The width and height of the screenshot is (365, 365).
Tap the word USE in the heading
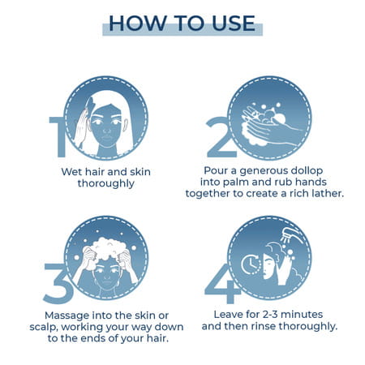[x=234, y=23]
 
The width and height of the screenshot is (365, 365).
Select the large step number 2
[x=221, y=137]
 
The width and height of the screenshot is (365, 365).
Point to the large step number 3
[x=58, y=283]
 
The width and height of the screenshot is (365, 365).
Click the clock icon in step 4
[x=251, y=264]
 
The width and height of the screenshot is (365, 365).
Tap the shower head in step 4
[x=290, y=234]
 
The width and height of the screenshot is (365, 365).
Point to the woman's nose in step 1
[x=107, y=131]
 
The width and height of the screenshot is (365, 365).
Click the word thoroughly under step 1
[x=106, y=183]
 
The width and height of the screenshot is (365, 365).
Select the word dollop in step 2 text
[x=307, y=171]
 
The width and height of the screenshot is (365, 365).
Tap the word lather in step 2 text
[x=328, y=193]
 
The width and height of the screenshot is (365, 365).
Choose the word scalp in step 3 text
[x=44, y=327]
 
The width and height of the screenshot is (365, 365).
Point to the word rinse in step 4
[x=264, y=326]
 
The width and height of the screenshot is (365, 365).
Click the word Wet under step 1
[x=71, y=172]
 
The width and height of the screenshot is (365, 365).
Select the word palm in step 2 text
[x=236, y=182]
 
